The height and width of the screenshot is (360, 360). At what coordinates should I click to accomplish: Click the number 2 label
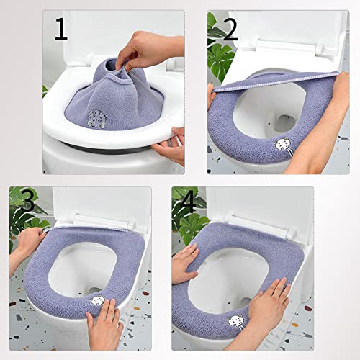229,30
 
